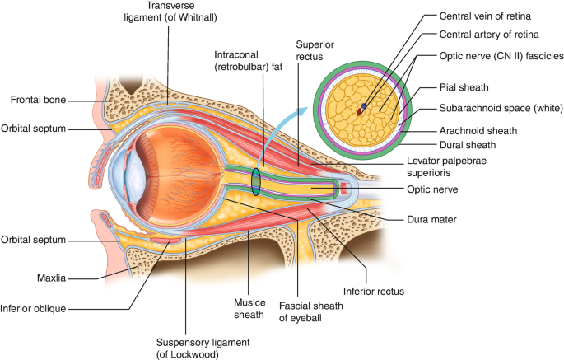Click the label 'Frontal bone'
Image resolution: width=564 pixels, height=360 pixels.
[x=38, y=101]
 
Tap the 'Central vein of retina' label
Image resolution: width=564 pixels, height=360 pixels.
[x=484, y=16]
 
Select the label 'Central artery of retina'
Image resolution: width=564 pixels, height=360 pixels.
[x=487, y=35]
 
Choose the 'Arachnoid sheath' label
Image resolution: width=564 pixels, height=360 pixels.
[x=478, y=130]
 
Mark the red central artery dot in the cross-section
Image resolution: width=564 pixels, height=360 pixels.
[x=359, y=108]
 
